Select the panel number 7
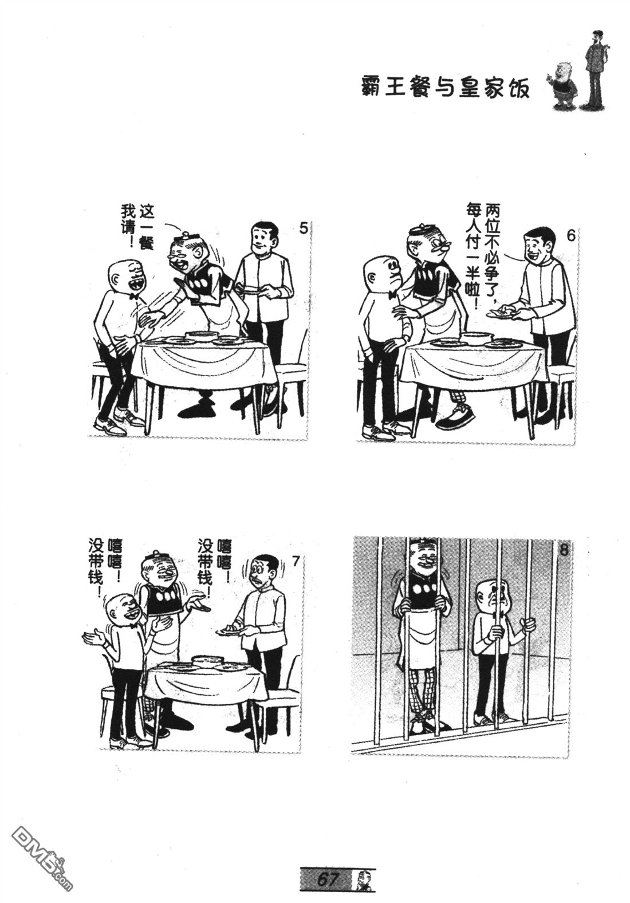pyautogui.click(x=296, y=561)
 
